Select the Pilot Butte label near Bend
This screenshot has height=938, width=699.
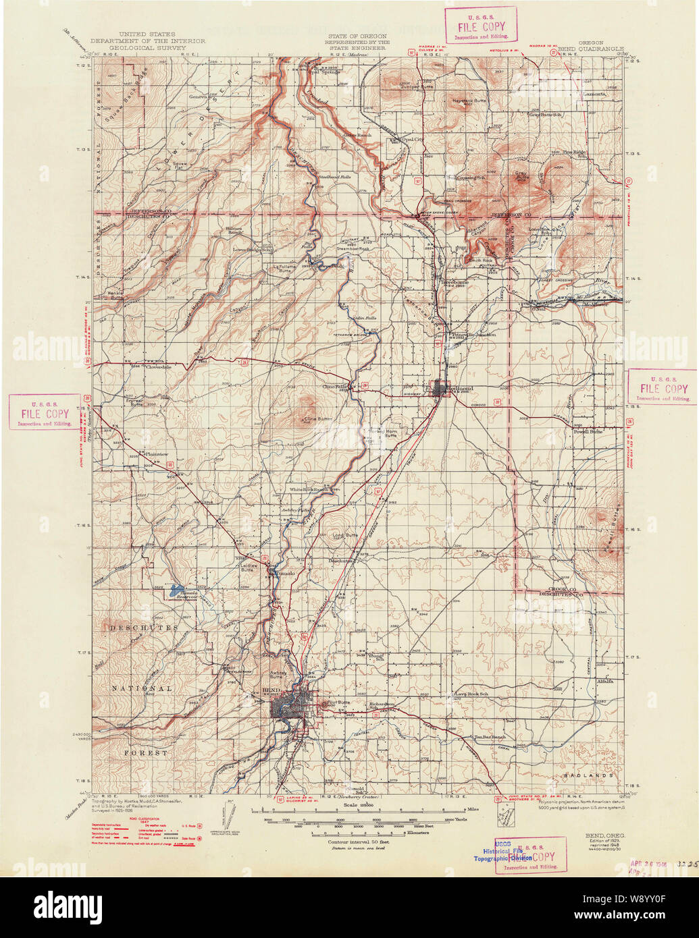(x=339, y=702)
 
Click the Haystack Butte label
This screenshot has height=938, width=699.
(x=469, y=101)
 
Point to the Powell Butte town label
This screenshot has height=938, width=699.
(x=587, y=431)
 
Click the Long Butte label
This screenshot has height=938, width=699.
(x=345, y=535)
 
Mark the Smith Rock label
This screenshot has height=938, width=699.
(x=481, y=260)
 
